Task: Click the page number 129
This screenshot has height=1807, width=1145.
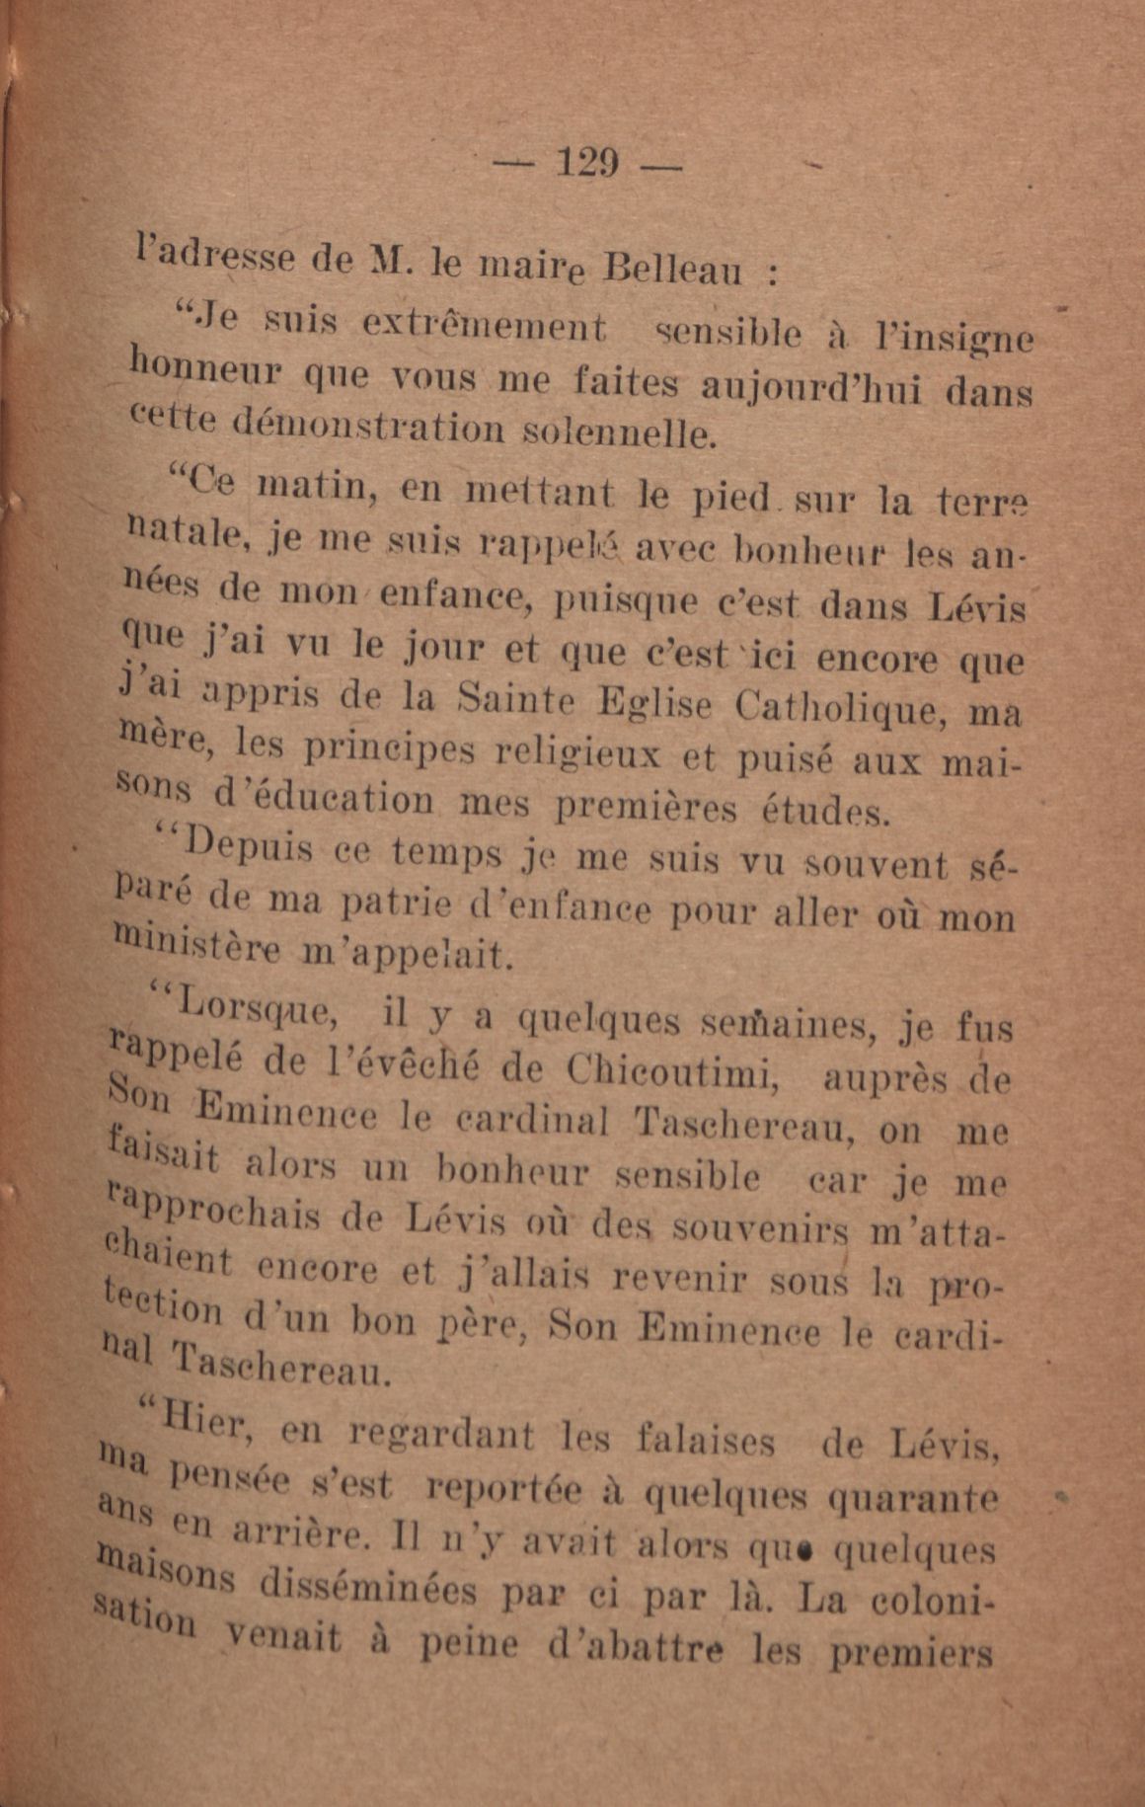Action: click(587, 162)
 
